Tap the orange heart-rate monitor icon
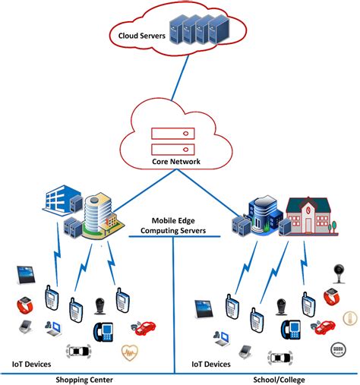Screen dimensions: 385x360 pyautogui.click(x=131, y=352)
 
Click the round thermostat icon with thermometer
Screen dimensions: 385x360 pyautogui.click(x=350, y=318)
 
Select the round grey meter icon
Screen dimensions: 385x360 pyautogui.click(x=335, y=349)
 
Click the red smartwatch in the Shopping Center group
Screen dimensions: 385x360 pyautogui.click(x=26, y=306)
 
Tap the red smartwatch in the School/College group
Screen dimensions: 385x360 pyautogui.click(x=331, y=297)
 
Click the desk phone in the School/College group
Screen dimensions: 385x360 pyautogui.click(x=289, y=329)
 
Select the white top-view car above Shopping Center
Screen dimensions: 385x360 pyautogui.click(x=80, y=351)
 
